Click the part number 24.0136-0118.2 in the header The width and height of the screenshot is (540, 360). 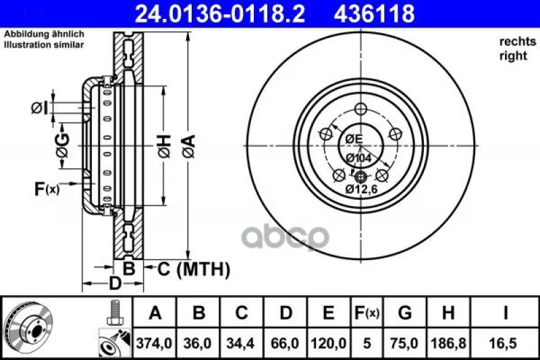pyautogui.click(x=220, y=14)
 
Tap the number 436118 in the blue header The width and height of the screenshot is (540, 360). pyautogui.click(x=374, y=14)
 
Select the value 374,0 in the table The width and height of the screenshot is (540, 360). pyautogui.click(x=155, y=344)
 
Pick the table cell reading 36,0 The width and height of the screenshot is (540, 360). pyautogui.click(x=198, y=344)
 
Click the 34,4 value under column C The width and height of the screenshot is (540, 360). pyautogui.click(x=241, y=344)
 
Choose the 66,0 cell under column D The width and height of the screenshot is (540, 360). pyautogui.click(x=285, y=344)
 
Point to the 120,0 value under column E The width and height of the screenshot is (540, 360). pyautogui.click(x=329, y=344)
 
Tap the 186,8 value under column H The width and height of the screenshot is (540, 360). pyautogui.click(x=448, y=344)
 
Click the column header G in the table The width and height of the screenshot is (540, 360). pyautogui.click(x=405, y=313)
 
